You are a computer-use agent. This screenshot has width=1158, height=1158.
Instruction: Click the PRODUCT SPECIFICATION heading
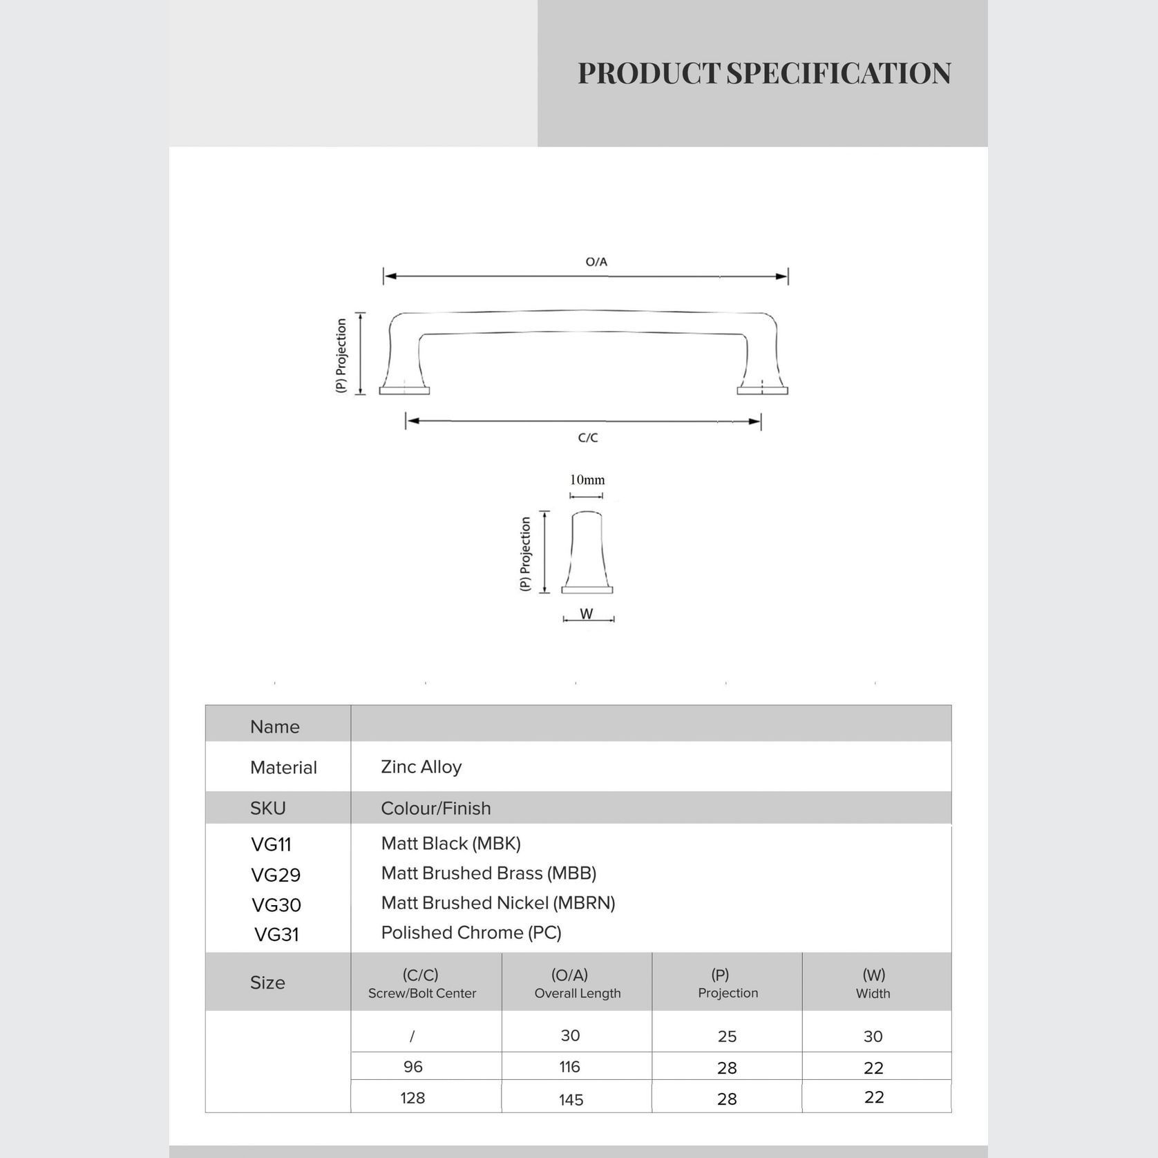pos(764,73)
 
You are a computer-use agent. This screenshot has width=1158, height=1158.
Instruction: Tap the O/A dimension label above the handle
pos(596,262)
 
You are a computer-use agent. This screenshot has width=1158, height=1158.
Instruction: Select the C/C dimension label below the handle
pos(588,437)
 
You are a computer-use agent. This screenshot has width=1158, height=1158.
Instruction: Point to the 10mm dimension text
pos(587,480)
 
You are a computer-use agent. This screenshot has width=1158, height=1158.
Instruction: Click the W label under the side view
pos(587,614)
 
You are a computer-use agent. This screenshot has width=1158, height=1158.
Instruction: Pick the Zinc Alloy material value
pos(421,767)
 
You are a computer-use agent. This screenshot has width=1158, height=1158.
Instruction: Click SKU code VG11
pos(271,844)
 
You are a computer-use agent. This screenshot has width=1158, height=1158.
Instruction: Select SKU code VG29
pos(276,875)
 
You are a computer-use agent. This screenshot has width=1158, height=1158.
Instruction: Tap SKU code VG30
pos(276,905)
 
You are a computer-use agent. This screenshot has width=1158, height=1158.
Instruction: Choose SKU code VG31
pos(276,935)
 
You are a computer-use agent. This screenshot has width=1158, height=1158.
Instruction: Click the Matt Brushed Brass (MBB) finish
pos(488,873)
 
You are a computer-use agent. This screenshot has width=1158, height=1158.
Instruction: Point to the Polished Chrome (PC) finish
pos(471,933)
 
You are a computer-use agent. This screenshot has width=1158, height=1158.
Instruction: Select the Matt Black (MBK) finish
pos(450,844)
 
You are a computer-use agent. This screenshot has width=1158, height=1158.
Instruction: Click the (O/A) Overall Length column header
pos(577,983)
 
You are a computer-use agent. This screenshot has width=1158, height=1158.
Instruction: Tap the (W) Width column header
pos(873,983)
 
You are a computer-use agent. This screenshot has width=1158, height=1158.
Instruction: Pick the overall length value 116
pos(570,1067)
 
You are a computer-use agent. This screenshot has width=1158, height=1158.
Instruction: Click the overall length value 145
pos(571,1099)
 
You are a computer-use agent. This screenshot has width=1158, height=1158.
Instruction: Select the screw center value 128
pos(412,1098)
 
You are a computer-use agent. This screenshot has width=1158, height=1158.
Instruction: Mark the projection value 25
pos(727,1036)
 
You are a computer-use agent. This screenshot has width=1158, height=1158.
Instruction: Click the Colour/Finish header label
pos(435,808)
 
